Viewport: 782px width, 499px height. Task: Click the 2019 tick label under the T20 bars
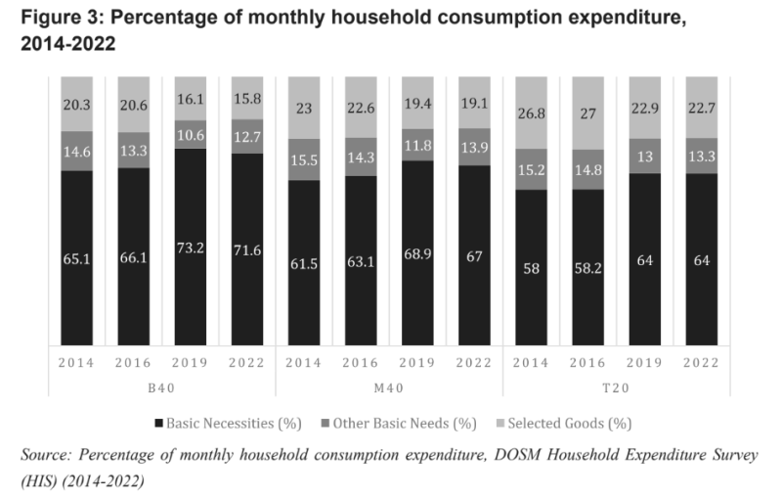(x=645, y=362)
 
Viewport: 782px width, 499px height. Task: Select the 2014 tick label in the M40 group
(x=304, y=362)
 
